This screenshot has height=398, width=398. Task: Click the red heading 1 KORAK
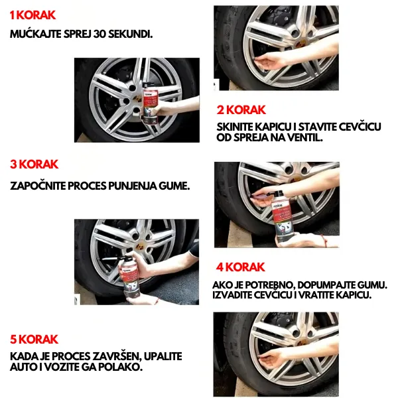(x=33, y=15)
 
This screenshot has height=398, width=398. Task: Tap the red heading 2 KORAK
(x=241, y=110)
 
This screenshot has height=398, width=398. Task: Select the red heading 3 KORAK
(x=34, y=165)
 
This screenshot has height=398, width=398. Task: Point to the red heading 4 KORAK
(x=240, y=267)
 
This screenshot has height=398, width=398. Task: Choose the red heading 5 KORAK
(x=34, y=340)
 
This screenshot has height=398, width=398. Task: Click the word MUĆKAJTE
(x=36, y=34)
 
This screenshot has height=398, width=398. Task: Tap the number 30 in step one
(x=99, y=34)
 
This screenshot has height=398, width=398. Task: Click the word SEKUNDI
(x=130, y=34)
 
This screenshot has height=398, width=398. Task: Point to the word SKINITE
(x=235, y=127)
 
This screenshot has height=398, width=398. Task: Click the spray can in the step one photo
(x=151, y=104)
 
